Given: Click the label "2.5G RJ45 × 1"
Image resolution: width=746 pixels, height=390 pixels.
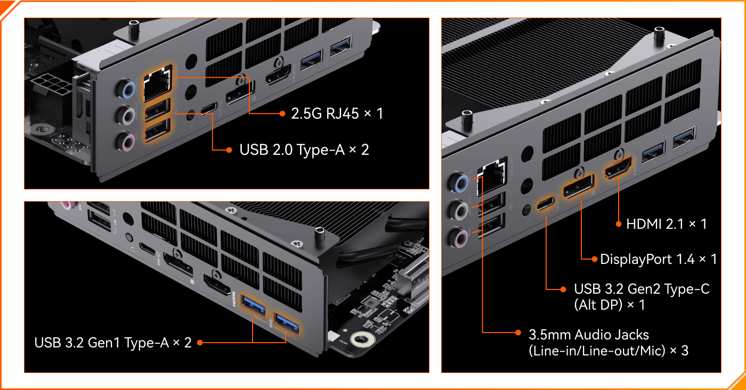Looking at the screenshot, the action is point(337,113).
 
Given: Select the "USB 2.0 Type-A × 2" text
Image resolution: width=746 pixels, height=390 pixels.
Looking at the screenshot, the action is point(304,150).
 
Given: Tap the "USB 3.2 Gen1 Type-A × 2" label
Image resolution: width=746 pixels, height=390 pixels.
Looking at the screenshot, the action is point(113,343).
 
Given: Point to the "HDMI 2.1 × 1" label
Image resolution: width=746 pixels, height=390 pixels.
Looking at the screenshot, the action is point(667,224).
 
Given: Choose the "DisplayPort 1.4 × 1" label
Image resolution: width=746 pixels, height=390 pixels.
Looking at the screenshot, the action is point(659,259).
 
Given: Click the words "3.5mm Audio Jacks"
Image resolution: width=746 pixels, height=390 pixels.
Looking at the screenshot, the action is point(589,335).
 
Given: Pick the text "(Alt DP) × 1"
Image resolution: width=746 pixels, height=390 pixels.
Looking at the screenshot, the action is point(610,304).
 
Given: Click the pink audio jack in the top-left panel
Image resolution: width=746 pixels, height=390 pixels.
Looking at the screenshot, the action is point(127,142).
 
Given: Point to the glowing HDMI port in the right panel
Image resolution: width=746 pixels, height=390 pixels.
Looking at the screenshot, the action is point(618,169).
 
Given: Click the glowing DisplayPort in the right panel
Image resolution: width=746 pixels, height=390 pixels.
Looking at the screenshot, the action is point(579,186).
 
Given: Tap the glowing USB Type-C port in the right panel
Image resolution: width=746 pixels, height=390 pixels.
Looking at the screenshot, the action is point(546,203).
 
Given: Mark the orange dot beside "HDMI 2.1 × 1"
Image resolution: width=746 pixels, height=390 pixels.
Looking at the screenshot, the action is point(619,224).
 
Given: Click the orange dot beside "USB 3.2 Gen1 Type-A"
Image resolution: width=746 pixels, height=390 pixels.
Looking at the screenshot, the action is point(200,343).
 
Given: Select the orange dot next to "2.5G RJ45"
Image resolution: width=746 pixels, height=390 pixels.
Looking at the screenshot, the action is point(282,114).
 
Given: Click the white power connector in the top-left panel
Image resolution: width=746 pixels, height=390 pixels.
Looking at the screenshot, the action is point(50,84).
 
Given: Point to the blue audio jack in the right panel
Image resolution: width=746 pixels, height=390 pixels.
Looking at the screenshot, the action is point(461,182).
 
